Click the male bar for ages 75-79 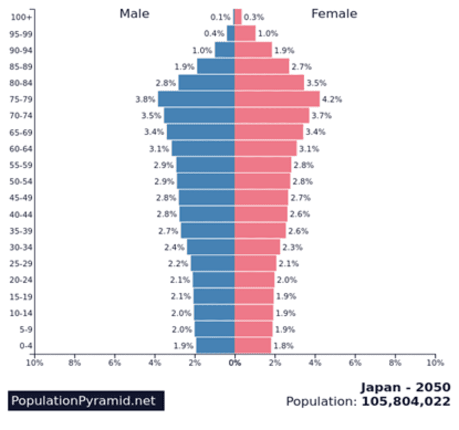[x=196, y=99]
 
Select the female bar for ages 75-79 [x=277, y=99]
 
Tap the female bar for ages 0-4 [x=253, y=346]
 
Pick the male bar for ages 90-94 [x=225, y=50]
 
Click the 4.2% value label [x=332, y=99]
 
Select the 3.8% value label [x=145, y=99]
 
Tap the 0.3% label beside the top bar [x=254, y=17]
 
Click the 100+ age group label [x=21, y=17]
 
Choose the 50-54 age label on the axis [x=21, y=181]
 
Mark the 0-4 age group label [x=26, y=346]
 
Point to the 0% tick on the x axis [x=235, y=363]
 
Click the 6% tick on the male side [x=115, y=363]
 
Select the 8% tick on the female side [x=395, y=363]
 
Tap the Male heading [x=134, y=14]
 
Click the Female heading [x=334, y=14]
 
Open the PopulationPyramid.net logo [x=86, y=401]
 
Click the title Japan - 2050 [x=406, y=387]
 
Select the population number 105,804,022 [x=406, y=402]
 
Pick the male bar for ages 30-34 [x=211, y=247]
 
